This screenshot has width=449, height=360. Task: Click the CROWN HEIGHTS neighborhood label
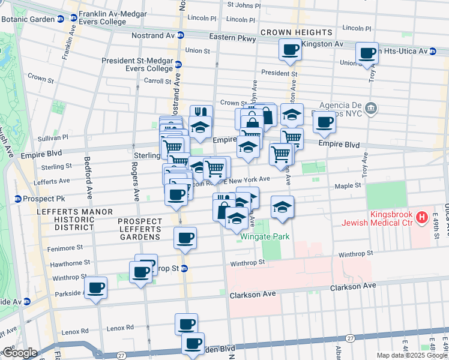coord(297,32)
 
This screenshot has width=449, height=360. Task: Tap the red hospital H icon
coord(422,217)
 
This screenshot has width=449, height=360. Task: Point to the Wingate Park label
coord(265,236)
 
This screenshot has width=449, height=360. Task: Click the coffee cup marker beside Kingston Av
coord(291,50)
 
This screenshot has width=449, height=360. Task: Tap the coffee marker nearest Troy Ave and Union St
coord(366,53)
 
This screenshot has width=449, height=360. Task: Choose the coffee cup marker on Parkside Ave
coord(95,289)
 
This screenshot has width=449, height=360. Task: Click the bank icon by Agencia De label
coord(371,108)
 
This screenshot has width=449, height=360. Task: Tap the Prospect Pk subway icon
coord(18,199)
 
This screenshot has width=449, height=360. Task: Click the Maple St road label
coord(348,186)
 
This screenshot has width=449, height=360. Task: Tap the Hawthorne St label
coord(70,263)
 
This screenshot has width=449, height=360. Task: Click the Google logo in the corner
coord(20,353)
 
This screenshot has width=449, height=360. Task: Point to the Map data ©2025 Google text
coord(411,355)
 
